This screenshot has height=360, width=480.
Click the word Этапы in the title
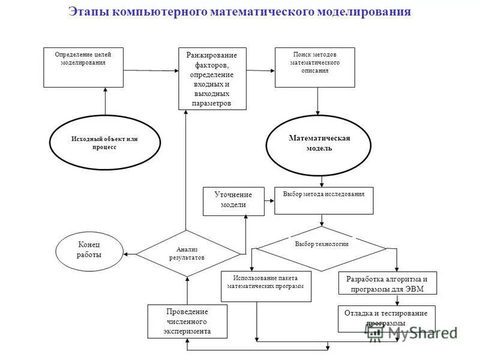(83, 11)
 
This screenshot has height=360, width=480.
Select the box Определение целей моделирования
(83, 67)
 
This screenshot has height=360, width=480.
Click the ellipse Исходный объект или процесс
(105, 143)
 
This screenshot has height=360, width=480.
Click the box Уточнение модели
(233, 200)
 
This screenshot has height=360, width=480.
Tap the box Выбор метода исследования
(323, 201)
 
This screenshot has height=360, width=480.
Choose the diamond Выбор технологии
(322, 245)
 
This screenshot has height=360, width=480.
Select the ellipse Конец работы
(89, 250)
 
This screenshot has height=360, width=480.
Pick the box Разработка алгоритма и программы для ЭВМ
(387, 283)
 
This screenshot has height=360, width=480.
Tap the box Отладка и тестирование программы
(386, 318)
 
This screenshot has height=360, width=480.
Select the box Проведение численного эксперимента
(187, 321)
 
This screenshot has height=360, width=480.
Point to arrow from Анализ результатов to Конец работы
(130, 253)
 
